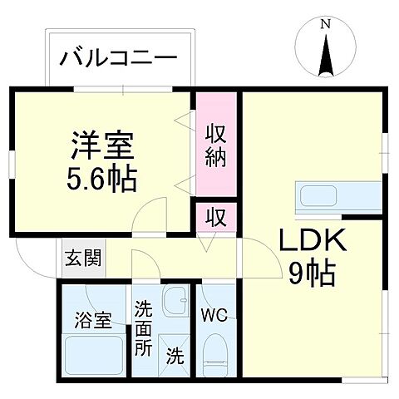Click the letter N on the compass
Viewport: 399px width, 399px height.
tap(325, 26)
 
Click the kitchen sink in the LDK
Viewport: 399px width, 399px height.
tap(319, 197)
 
